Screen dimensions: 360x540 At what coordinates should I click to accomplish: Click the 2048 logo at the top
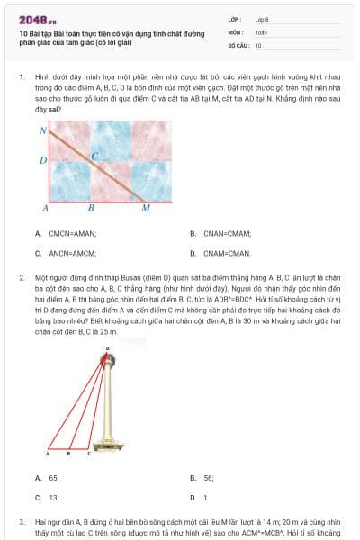(37, 19)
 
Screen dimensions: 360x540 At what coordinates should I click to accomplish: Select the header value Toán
(261, 31)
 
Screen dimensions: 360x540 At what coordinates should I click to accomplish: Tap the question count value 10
(258, 44)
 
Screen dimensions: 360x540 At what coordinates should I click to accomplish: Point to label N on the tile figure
(42, 131)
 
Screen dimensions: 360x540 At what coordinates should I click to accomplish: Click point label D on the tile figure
(42, 160)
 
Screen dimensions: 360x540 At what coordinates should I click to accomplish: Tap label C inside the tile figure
(94, 156)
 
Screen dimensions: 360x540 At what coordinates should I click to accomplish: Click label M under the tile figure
(146, 208)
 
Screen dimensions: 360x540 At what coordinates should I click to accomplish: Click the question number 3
(21, 521)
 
